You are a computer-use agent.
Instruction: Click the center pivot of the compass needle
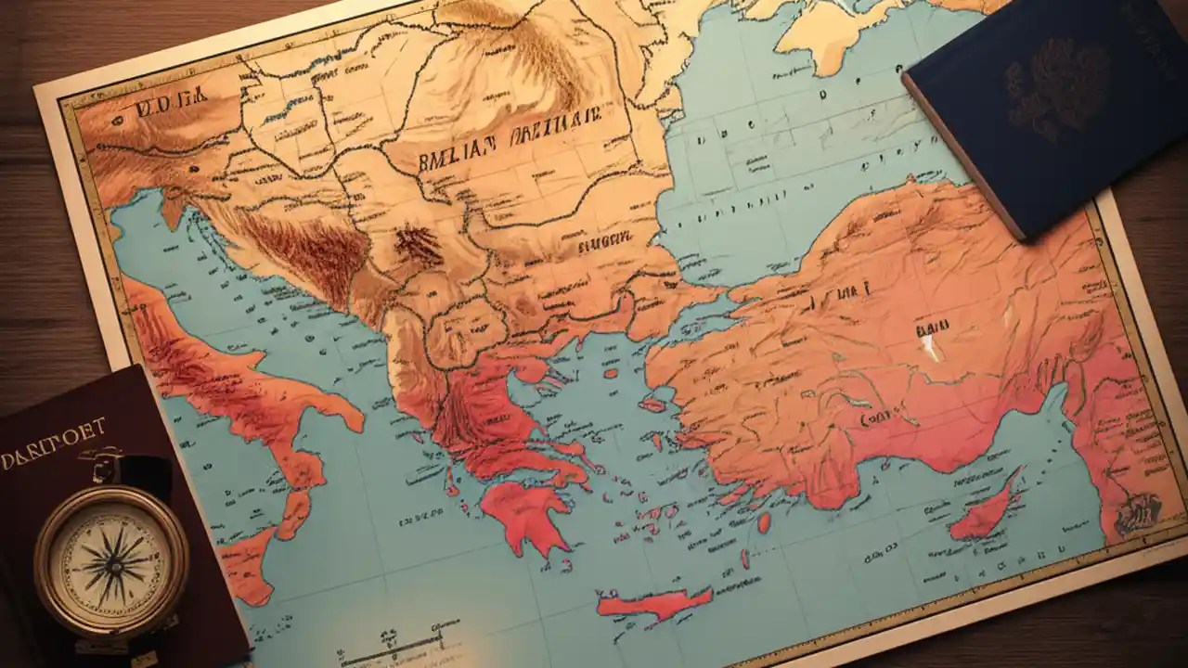[111, 562]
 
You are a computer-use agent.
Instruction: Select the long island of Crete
[653, 604]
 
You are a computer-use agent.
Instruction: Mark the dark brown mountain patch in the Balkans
[417, 246]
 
